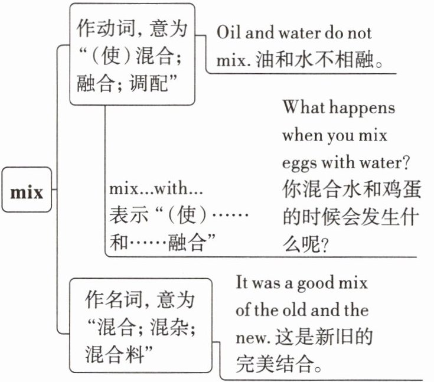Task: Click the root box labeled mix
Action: click(x=28, y=191)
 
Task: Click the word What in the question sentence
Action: click(x=303, y=108)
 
